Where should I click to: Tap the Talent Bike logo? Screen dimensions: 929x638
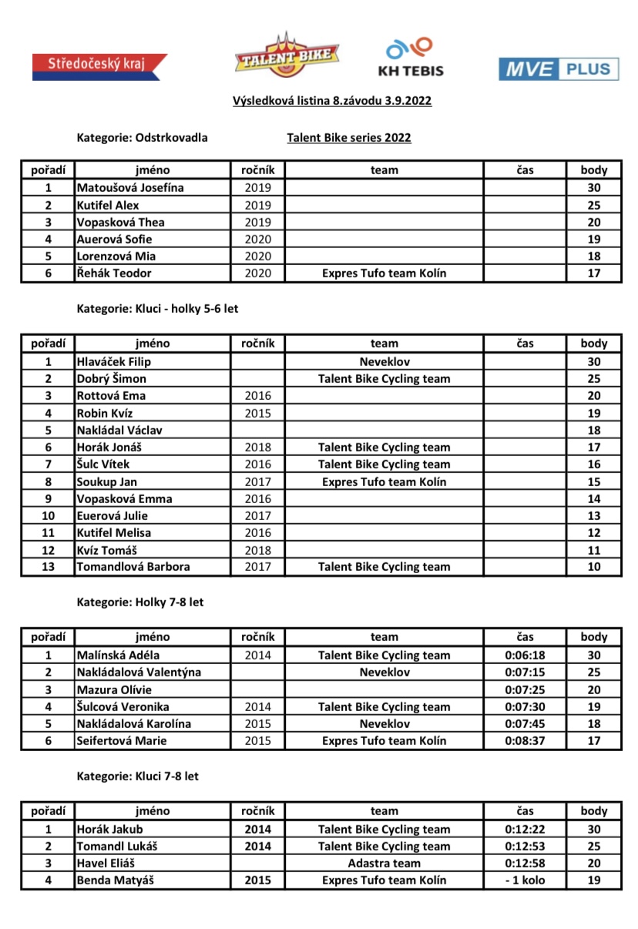click(287, 55)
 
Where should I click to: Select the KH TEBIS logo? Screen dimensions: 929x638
click(410, 58)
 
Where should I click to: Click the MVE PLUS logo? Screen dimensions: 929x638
click(558, 69)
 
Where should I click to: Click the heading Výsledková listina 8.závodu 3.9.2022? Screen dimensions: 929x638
click(332, 101)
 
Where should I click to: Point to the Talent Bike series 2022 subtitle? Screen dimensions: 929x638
click(349, 138)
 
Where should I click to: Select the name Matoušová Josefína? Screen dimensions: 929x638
click(130, 188)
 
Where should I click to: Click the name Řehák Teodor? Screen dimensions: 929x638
click(114, 273)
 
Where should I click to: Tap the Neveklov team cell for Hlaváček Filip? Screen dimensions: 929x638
click(384, 361)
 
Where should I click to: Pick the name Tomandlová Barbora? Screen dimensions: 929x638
click(133, 567)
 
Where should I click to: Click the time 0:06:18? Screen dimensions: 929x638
click(526, 656)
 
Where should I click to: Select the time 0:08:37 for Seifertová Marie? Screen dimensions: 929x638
click(526, 741)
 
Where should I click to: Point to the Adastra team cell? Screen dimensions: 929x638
click(384, 863)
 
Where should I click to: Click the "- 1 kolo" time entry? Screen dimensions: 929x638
click(526, 880)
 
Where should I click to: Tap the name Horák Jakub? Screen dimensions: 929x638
click(109, 830)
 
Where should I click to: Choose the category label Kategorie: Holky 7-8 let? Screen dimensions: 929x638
click(140, 602)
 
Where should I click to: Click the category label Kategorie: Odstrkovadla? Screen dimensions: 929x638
click(142, 138)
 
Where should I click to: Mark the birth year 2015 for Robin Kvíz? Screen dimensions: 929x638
click(258, 413)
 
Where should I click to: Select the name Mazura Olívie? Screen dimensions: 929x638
click(114, 690)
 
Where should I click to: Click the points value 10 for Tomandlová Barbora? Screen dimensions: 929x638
click(593, 567)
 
